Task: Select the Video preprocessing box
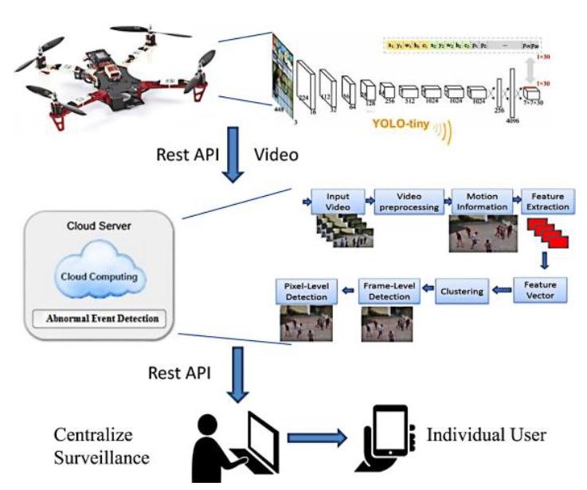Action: click(408, 201)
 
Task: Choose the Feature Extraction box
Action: click(546, 201)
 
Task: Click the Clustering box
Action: click(462, 291)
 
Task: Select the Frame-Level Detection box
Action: click(385, 292)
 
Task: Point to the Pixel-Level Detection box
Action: click(306, 292)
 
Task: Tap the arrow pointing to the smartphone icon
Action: click(316, 437)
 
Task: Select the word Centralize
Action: click(92, 435)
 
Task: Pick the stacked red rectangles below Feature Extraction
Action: click(548, 233)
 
